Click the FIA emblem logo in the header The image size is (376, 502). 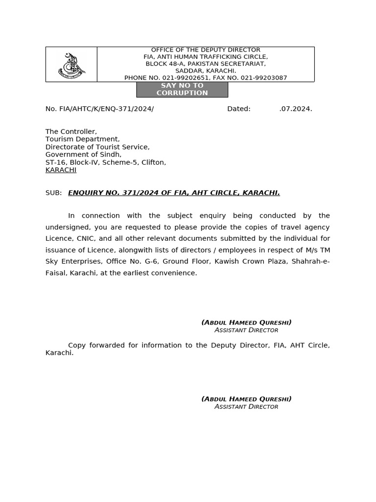71,65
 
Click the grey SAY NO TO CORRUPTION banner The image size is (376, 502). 182,89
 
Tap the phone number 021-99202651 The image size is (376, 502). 183,78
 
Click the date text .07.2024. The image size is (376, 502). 296,109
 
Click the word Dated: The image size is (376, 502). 239,109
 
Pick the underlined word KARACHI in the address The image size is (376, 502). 61,170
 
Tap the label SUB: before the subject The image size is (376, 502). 54,193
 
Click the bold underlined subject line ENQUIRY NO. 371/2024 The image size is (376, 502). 174,193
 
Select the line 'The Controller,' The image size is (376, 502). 71,132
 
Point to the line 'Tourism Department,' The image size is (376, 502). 82,139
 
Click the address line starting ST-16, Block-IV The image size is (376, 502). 106,162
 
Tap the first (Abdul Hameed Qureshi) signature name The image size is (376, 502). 246,323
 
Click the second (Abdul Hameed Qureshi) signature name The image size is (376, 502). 246,399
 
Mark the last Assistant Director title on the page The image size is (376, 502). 246,407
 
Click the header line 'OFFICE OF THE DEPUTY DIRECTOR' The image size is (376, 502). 206,50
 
